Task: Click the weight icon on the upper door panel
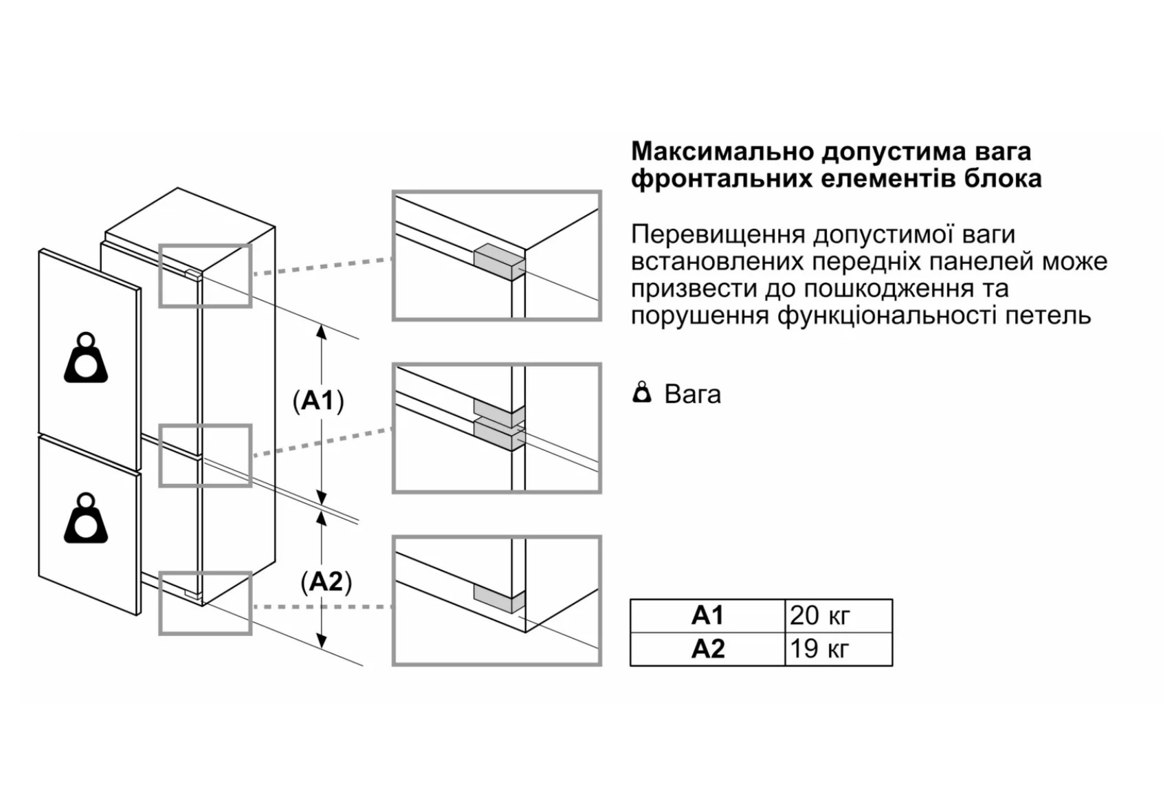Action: coord(86,358)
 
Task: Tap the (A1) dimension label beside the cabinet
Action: coord(318,400)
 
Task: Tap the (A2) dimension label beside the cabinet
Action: coord(326,582)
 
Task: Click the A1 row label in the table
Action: coord(707,615)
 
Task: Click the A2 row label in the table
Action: coord(707,649)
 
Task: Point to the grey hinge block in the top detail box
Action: coord(499,262)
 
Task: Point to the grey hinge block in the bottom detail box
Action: coord(499,599)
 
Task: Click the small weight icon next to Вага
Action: coord(642,393)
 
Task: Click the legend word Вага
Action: coord(692,395)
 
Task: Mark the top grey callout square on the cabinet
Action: coord(206,275)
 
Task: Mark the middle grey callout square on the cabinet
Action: coord(206,456)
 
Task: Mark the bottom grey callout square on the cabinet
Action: coord(206,603)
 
